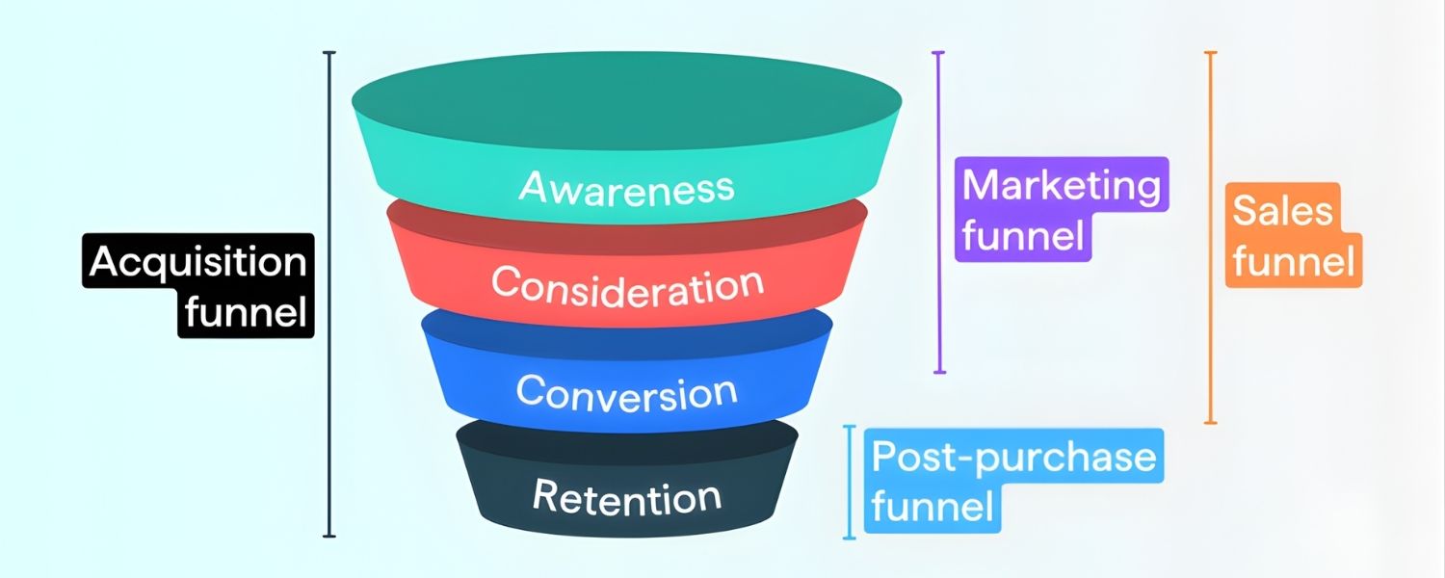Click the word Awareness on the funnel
pos(626,187)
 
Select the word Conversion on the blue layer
pos(626,393)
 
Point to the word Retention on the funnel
pos(626,497)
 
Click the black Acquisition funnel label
pos(197,286)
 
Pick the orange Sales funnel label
pos(1294,235)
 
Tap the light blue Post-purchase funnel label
pos(1013,481)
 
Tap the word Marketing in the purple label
pos(1062,185)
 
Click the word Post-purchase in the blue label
pos(1013,457)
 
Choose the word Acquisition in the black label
pos(197,262)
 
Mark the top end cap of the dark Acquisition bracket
pos(329,52)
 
